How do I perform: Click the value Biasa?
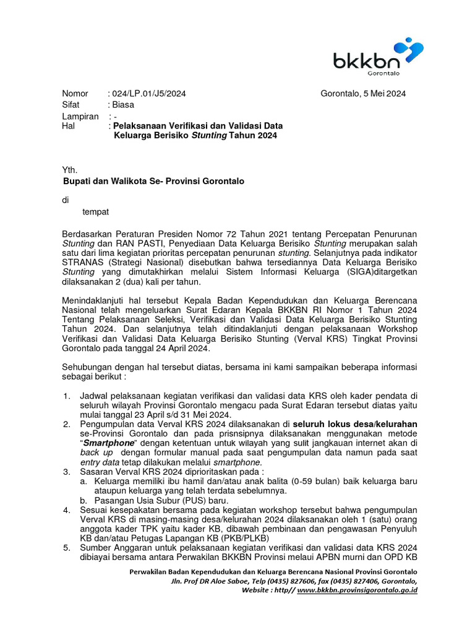(123, 105)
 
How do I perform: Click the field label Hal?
(68, 125)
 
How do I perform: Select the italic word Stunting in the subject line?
(208, 135)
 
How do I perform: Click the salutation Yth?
(70, 170)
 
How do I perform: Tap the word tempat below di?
(95, 211)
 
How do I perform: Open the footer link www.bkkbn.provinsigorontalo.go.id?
(357, 591)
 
